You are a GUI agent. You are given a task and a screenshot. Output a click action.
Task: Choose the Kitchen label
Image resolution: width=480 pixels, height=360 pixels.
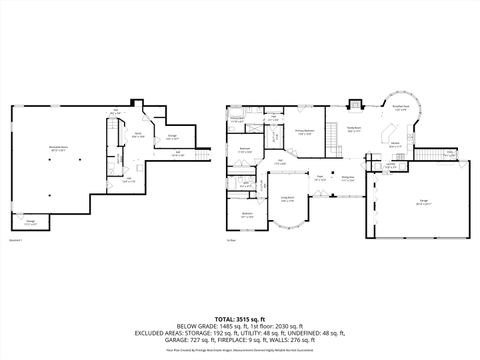pyautogui.click(x=395, y=143)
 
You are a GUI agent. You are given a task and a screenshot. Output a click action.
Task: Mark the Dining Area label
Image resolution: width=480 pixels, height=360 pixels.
pyautogui.click(x=348, y=180)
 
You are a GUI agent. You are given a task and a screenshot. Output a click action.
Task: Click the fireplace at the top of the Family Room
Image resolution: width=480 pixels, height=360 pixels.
pyautogui.click(x=354, y=104)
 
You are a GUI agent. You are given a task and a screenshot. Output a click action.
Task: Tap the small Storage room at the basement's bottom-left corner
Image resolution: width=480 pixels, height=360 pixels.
pyautogui.click(x=30, y=223)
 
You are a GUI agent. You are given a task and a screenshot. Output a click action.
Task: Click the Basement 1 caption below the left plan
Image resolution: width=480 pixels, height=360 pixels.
pyautogui.click(x=14, y=240)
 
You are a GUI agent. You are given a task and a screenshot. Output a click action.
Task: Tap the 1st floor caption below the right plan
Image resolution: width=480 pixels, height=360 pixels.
pyautogui.click(x=230, y=240)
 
